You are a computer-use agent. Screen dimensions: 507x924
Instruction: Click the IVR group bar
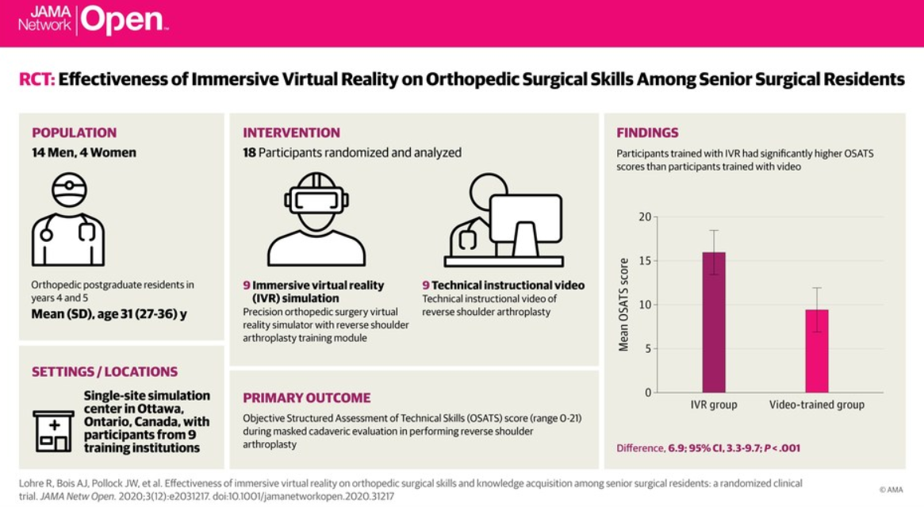[x=713, y=322]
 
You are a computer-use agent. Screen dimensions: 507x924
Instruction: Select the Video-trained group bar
[x=816, y=351]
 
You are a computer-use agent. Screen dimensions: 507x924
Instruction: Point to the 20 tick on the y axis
[x=644, y=217]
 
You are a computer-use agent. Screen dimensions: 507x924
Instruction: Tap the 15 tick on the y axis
[x=644, y=261]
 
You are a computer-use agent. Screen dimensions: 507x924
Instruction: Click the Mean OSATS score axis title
[x=623, y=305]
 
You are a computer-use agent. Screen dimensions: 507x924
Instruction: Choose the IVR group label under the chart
[x=713, y=405]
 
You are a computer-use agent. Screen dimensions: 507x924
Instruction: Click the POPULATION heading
[x=74, y=133]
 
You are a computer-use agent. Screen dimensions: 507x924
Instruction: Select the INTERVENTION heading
[x=291, y=133]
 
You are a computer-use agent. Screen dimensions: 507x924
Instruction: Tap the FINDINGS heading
[x=647, y=133]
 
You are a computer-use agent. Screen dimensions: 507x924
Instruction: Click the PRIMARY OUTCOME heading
[x=306, y=398]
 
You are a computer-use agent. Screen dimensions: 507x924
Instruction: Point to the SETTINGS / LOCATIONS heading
[x=105, y=371]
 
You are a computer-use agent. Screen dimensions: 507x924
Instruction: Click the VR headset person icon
[x=316, y=219]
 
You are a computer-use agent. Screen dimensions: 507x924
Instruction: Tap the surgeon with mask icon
[x=68, y=220]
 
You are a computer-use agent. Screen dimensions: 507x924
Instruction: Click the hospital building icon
[x=53, y=431]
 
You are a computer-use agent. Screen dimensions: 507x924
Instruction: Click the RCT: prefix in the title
[x=36, y=79]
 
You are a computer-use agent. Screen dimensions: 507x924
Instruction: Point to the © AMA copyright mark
[x=891, y=490]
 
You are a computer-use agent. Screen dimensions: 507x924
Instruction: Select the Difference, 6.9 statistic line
[x=708, y=448]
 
